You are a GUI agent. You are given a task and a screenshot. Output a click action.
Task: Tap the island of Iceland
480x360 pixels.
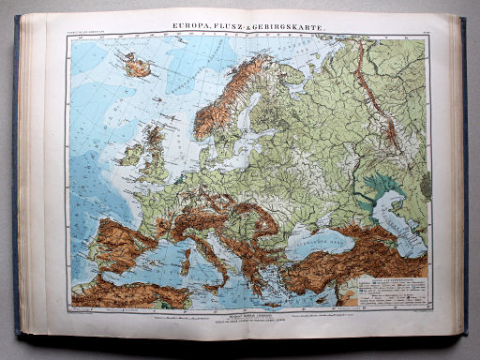point(139,67)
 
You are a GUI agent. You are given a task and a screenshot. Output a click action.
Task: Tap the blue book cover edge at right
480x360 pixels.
point(463,178)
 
